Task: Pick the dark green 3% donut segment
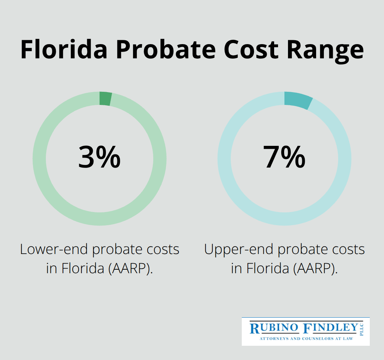106,99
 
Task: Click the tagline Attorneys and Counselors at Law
306,339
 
